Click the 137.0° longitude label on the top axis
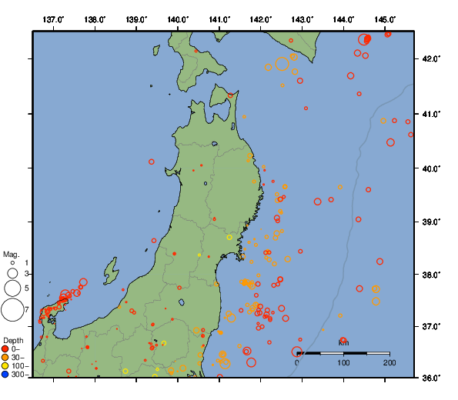click(53, 18)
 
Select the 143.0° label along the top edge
click(303, 18)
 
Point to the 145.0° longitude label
click(386, 18)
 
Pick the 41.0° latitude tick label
click(431, 114)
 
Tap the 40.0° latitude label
click(431, 168)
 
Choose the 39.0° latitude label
click(431, 222)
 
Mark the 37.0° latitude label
click(431, 327)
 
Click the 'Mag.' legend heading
click(11, 254)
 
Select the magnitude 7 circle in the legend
click(12, 310)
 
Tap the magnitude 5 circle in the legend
click(12, 288)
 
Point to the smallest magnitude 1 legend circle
click(12, 262)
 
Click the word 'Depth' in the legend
click(13, 340)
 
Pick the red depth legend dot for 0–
click(5, 349)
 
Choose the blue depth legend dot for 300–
click(5, 375)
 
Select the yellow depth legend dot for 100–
click(5, 366)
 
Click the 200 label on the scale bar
click(389, 362)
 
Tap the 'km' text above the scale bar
click(343, 342)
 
